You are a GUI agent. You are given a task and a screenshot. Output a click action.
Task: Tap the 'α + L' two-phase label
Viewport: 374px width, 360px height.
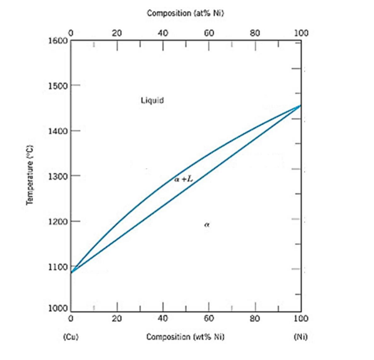tap(184, 180)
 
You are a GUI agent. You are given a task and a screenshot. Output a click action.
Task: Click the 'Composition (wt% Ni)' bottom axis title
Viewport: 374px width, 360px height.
tap(185, 336)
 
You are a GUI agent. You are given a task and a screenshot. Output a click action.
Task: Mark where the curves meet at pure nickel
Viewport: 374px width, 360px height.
tap(300, 105)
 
